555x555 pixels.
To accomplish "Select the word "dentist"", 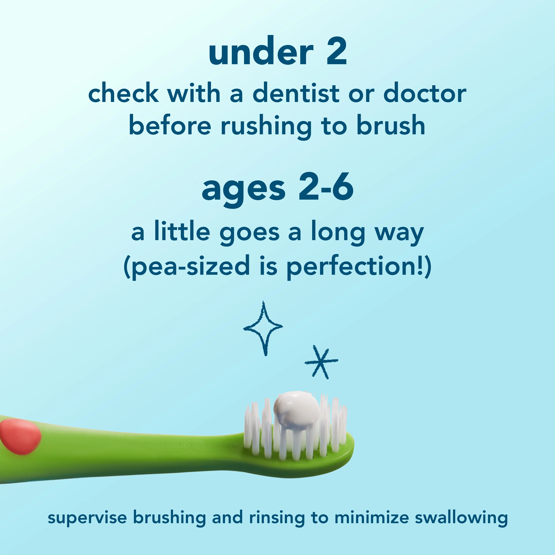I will click(x=296, y=93).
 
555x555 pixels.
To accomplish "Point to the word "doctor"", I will click(x=425, y=93).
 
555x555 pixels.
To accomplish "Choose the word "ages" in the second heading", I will click(x=244, y=188).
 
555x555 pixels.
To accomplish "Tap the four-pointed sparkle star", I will click(x=263, y=327).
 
